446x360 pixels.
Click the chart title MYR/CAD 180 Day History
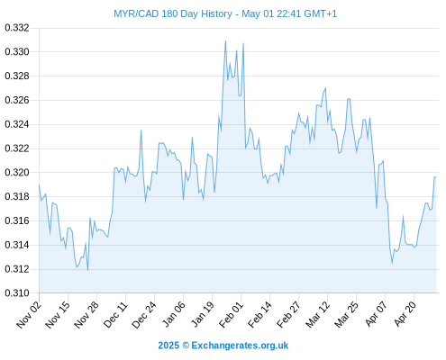173,13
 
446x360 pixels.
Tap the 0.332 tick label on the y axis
17,28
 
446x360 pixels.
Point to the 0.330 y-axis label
17,52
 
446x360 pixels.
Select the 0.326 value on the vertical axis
17,100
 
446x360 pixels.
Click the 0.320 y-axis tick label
17,173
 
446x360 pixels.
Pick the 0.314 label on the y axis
17,245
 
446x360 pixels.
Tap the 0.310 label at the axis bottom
17,293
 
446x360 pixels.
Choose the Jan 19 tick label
203,314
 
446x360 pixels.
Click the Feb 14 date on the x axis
260,314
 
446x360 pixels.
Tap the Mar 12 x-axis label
318,314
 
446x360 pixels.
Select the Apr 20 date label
405,314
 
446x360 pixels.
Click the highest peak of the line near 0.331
225,41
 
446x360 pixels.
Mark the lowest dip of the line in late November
87,270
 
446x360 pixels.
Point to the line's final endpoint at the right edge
436,177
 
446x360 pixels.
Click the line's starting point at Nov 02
39,184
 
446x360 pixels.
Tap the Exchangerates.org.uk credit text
240,346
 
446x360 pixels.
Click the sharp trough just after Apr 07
392,264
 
